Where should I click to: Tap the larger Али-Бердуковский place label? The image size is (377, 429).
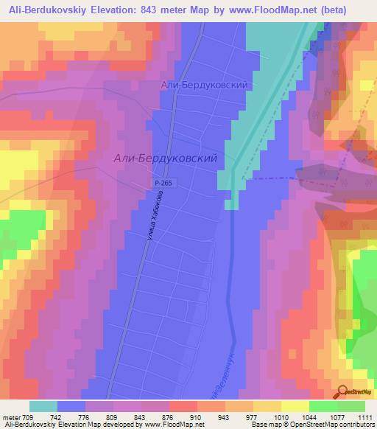[x=165, y=158]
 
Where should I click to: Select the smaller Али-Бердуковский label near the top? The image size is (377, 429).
[x=202, y=86]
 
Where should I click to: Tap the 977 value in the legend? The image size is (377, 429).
[x=247, y=416]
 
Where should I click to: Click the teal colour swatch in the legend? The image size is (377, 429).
[x=43, y=406]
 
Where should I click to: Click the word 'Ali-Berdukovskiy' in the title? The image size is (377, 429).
[x=50, y=9]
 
